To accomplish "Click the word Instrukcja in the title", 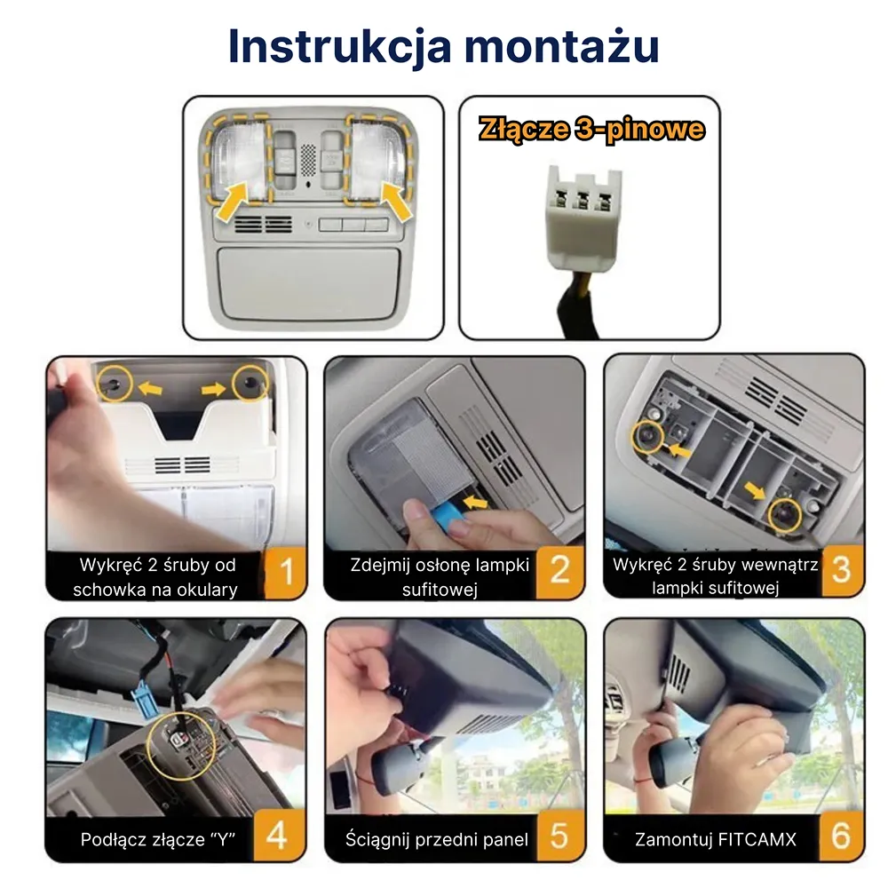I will point(336,46).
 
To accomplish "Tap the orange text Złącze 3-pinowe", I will point(591,130).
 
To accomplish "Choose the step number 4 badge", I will point(277,836).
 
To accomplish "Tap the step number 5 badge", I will point(559,836).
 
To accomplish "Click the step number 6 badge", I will point(840,836).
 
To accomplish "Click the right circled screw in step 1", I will point(250,383).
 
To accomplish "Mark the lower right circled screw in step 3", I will point(784,513).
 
